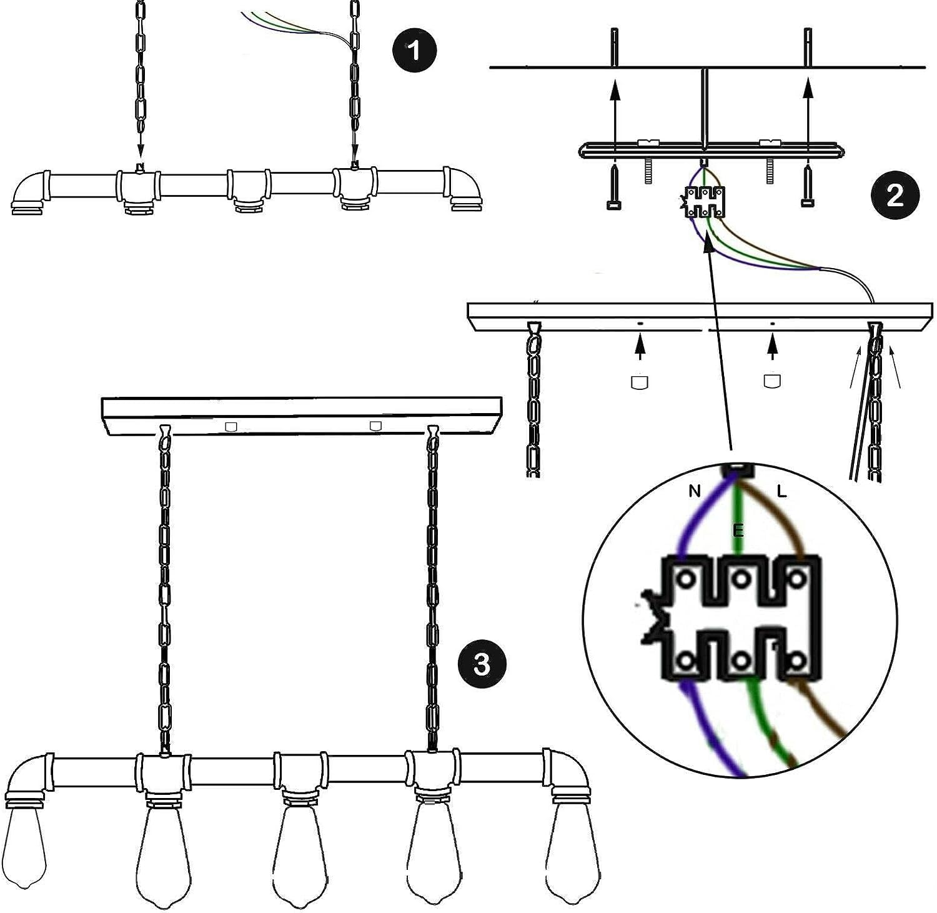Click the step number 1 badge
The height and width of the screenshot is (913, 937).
click(x=415, y=50)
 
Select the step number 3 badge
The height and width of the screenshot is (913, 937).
click(x=482, y=664)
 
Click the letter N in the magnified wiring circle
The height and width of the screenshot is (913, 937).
click(x=694, y=491)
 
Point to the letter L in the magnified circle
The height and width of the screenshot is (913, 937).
click(x=781, y=492)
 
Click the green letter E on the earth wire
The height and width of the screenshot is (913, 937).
click(x=738, y=531)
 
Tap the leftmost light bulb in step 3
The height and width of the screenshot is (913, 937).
click(x=26, y=847)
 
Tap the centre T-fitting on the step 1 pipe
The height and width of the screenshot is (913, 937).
click(x=248, y=189)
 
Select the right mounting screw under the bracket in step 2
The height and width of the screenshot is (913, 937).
click(x=808, y=184)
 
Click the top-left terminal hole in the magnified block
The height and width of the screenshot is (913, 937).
click(x=686, y=579)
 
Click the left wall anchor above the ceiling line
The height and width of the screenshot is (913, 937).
click(x=615, y=47)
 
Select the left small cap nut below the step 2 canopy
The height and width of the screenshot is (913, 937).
click(x=640, y=382)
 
